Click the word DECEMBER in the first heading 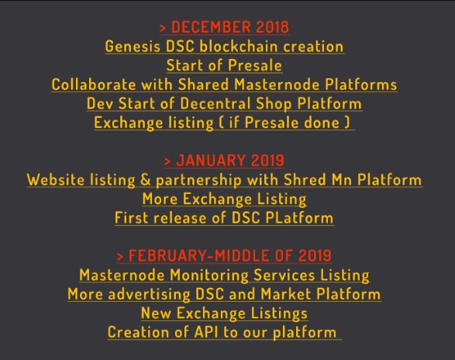(x=211, y=27)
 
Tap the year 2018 (x=273, y=27)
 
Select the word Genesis (x=133, y=47)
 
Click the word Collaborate (x=94, y=85)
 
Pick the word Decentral (x=215, y=104)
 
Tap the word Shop (x=274, y=104)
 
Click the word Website (x=56, y=180)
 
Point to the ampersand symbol (x=146, y=180)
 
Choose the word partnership (x=198, y=181)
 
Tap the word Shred (x=305, y=180)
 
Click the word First (x=132, y=218)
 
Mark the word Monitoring (x=209, y=275)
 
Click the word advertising (x=149, y=295)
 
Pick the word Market (x=286, y=294)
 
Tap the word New (x=156, y=313)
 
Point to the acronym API (x=206, y=332)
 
